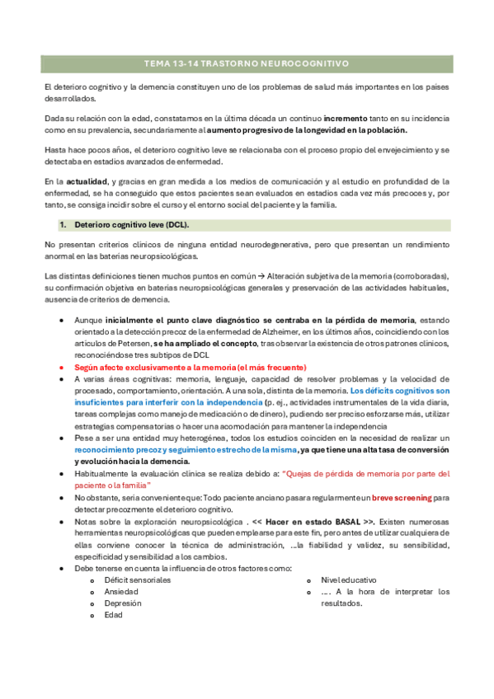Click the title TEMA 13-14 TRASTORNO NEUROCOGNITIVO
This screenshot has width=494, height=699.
point(247,63)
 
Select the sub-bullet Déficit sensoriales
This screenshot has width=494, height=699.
point(138,579)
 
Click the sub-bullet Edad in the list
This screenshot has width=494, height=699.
point(114,615)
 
